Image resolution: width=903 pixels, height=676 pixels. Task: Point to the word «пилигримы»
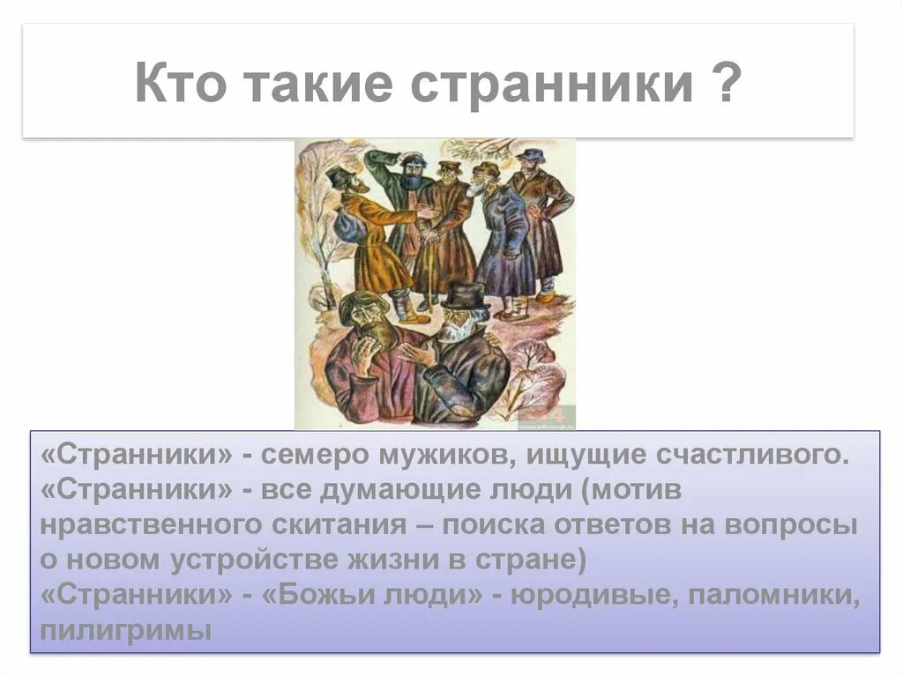point(126,631)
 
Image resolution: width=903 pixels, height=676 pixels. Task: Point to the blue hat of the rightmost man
point(531,155)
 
